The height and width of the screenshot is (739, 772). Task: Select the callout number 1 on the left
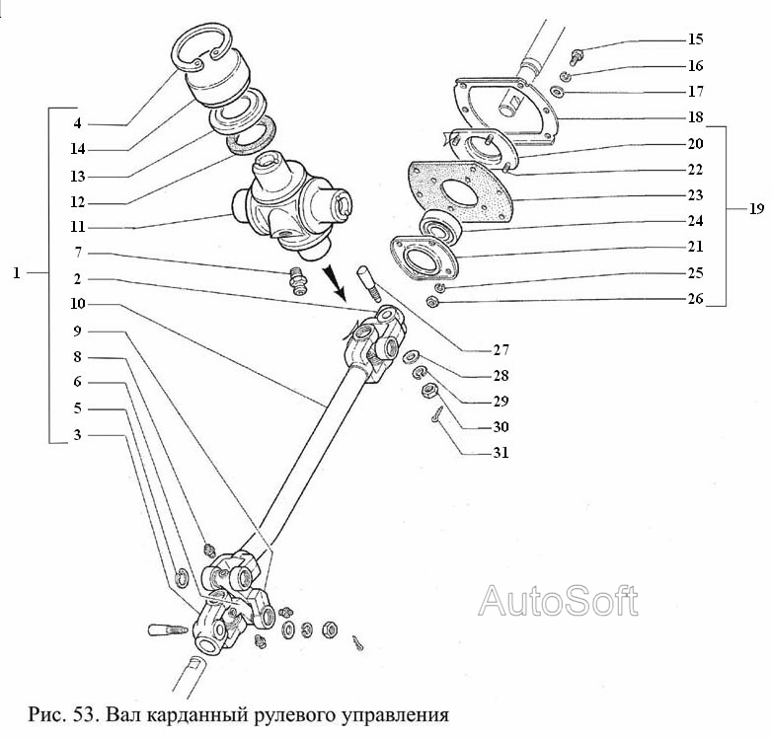tap(17, 272)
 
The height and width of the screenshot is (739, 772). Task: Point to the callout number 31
tap(502, 453)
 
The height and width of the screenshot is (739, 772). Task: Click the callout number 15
tap(696, 39)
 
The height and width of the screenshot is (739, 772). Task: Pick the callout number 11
tap(77, 227)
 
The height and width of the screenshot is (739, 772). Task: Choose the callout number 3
tap(77, 435)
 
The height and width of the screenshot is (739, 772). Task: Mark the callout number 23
tap(696, 195)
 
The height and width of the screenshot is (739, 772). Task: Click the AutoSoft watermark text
tap(558, 600)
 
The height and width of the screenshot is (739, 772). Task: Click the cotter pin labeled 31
tap(436, 421)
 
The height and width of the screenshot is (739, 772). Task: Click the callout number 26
tap(696, 299)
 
